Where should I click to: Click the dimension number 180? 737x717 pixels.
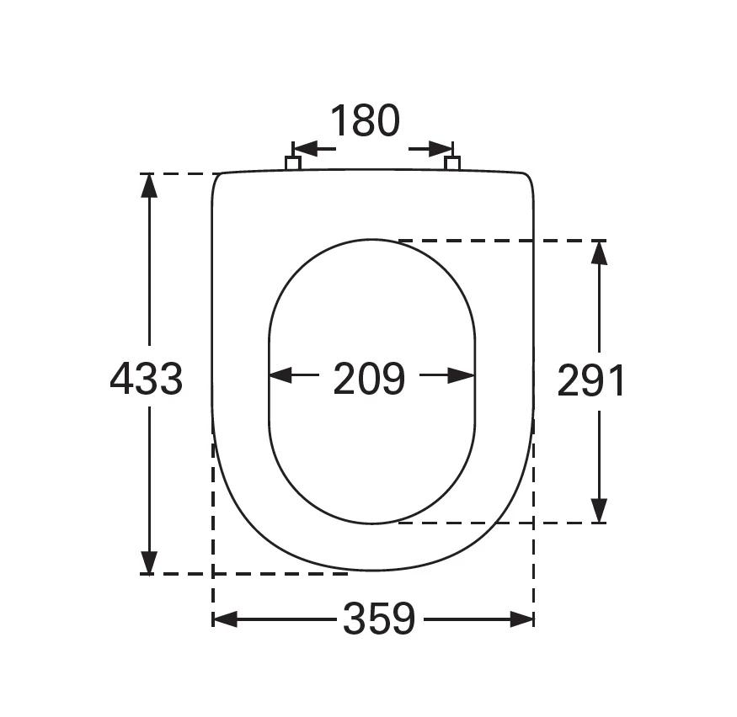364,121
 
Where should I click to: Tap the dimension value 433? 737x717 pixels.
147,380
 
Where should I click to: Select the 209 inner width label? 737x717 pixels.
369,380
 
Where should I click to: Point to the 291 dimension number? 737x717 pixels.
591,382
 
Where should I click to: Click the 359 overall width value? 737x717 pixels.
379,620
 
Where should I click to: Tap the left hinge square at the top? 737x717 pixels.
293,162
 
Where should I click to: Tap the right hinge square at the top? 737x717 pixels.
452,162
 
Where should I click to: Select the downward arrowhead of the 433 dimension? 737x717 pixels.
149,562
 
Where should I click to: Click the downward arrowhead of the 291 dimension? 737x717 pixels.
599,510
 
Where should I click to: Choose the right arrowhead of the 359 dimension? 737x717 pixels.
521,620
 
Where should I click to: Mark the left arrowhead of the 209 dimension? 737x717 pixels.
280,375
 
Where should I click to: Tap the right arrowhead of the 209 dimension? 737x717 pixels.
462,375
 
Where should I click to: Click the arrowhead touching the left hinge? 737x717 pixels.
304,149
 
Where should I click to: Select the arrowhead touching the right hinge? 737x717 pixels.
441,149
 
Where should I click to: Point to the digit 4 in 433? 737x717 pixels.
122,380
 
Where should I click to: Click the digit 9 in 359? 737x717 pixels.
403,620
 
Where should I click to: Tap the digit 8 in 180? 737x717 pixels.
364,121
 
